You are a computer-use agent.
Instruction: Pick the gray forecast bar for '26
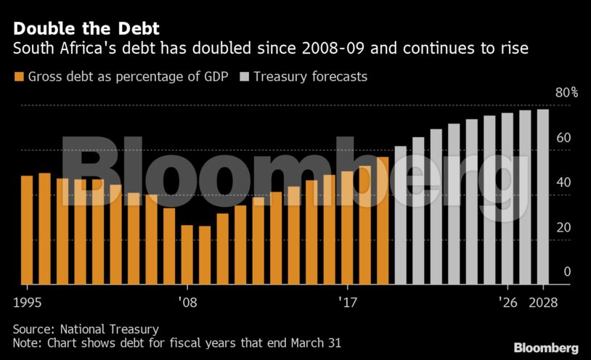(x=507, y=198)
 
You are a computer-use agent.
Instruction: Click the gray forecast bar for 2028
(x=542, y=197)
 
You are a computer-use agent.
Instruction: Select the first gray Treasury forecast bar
(x=401, y=215)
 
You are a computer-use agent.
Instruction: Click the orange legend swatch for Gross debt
(x=19, y=76)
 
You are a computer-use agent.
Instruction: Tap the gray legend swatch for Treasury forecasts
(x=244, y=76)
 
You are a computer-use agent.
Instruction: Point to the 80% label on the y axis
(x=567, y=93)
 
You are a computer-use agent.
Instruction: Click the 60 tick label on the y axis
(x=563, y=138)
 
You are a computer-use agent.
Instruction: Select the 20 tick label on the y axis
(x=563, y=227)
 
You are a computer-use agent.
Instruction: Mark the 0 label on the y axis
(x=567, y=271)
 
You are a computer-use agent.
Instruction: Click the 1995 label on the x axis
(x=27, y=301)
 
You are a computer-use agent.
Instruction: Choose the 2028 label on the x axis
(x=545, y=301)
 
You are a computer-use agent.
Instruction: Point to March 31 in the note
(x=314, y=342)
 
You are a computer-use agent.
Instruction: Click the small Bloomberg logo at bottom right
(x=546, y=348)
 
